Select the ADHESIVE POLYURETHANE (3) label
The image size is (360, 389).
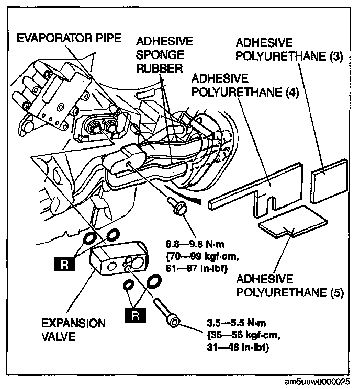coord(289,49)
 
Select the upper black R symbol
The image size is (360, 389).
coord(63,264)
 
